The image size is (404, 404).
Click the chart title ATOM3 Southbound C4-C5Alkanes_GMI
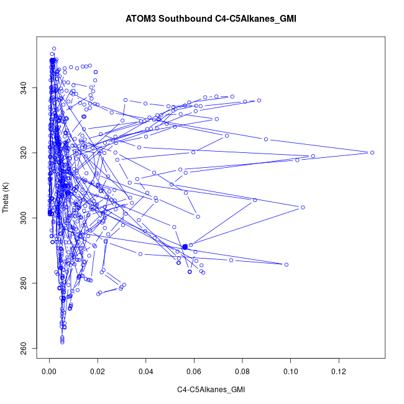click(x=211, y=18)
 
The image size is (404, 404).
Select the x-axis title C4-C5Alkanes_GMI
click(x=211, y=390)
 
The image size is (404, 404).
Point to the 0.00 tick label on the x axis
click(x=49, y=371)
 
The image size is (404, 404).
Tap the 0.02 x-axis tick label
click(x=98, y=371)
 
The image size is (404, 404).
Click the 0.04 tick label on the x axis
click(x=146, y=371)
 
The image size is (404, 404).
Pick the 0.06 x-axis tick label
click(x=195, y=371)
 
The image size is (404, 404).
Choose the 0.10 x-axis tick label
click(x=291, y=371)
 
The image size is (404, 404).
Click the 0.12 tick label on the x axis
click(x=339, y=371)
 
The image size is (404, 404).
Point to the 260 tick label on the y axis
click(x=32, y=347)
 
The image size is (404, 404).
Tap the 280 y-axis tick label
click(x=32, y=283)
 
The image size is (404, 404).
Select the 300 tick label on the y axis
click(x=32, y=218)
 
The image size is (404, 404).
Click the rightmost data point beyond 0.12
click(x=372, y=152)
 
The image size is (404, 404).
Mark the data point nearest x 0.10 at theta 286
click(x=287, y=264)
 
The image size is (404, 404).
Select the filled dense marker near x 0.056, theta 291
click(x=185, y=247)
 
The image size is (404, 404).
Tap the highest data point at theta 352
click(x=54, y=48)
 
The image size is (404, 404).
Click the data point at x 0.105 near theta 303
click(x=303, y=208)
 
